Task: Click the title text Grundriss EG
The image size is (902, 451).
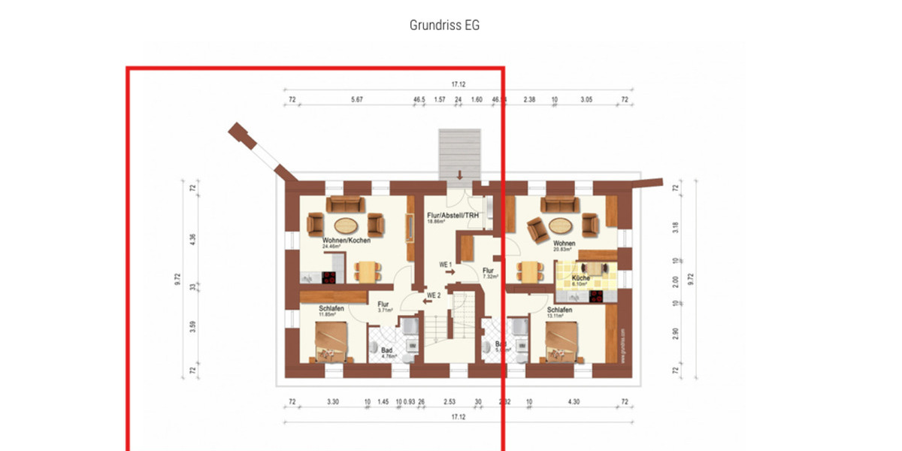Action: tap(444, 25)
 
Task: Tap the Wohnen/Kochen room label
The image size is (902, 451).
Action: tap(325, 240)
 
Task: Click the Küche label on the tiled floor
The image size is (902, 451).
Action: tap(580, 278)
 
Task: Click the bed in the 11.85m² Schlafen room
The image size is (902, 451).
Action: tap(331, 342)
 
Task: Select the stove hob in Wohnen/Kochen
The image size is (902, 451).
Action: tap(329, 277)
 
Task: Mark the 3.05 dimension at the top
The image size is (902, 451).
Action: tap(586, 99)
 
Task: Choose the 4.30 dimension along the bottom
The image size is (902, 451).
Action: tap(574, 403)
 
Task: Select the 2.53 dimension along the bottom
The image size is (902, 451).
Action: tap(449, 403)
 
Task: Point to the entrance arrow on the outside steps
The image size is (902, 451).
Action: tap(459, 175)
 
